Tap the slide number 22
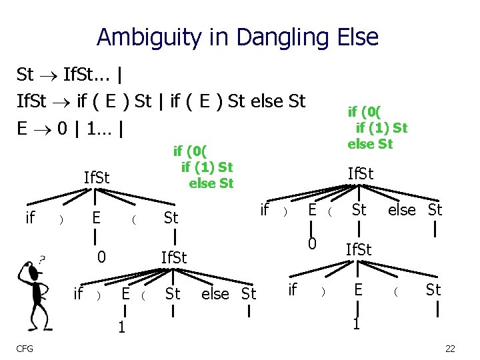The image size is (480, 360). [449, 349]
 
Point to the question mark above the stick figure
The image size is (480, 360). [42, 259]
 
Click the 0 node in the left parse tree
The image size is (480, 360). [101, 256]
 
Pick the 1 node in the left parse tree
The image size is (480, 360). [121, 327]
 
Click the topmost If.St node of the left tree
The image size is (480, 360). [96, 178]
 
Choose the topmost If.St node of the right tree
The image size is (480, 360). [361, 174]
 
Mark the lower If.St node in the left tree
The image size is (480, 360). [174, 257]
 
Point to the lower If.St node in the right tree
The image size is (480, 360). [359, 250]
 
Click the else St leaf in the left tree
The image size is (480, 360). [229, 293]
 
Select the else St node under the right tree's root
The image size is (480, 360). [415, 211]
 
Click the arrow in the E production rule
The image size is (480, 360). [42, 127]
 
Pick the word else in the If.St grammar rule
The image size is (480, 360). [252, 101]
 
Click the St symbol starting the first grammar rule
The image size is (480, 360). [25, 74]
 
